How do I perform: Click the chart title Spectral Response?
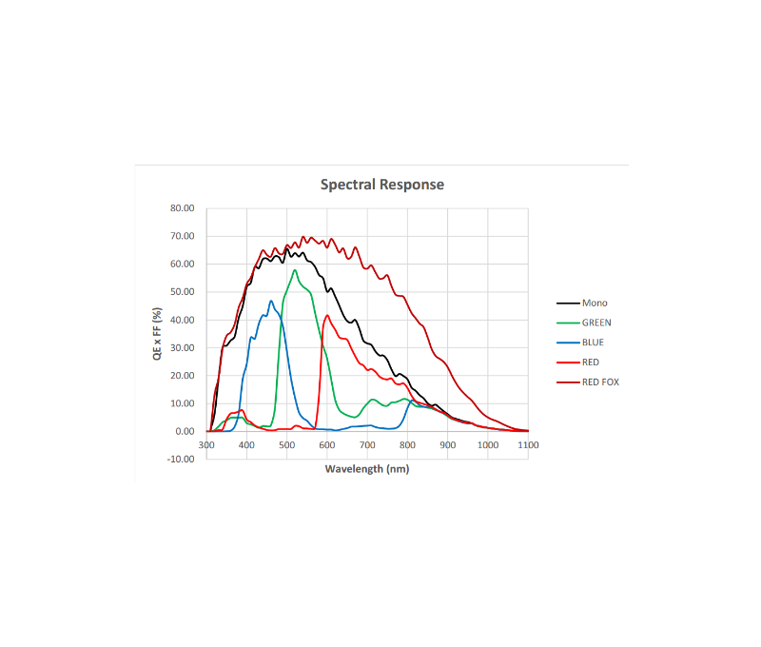click(381, 185)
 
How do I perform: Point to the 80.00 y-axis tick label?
click(182, 208)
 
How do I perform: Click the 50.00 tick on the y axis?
click(182, 292)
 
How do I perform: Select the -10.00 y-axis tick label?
click(181, 459)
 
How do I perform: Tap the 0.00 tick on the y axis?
click(185, 431)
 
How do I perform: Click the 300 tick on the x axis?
click(206, 444)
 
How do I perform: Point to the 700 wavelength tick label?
click(367, 444)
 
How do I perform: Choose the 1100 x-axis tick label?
click(527, 444)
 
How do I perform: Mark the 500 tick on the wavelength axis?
click(287, 444)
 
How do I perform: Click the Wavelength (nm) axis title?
click(367, 468)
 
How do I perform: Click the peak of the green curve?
click(295, 270)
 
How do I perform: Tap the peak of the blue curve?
click(271, 302)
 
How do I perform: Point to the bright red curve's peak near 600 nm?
click(327, 315)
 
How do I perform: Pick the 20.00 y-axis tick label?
click(182, 376)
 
